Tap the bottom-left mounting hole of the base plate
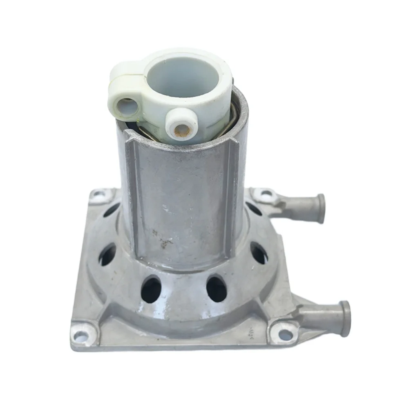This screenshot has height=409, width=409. (x=81, y=336)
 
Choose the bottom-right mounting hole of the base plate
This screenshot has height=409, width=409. (x=285, y=334)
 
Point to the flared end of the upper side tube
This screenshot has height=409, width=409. (x=321, y=208)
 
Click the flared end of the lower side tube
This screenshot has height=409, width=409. (x=345, y=313)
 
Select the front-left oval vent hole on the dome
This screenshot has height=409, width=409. (x=151, y=289)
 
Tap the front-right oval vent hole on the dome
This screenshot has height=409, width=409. (x=217, y=289)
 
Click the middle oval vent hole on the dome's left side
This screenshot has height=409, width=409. (x=107, y=254)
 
